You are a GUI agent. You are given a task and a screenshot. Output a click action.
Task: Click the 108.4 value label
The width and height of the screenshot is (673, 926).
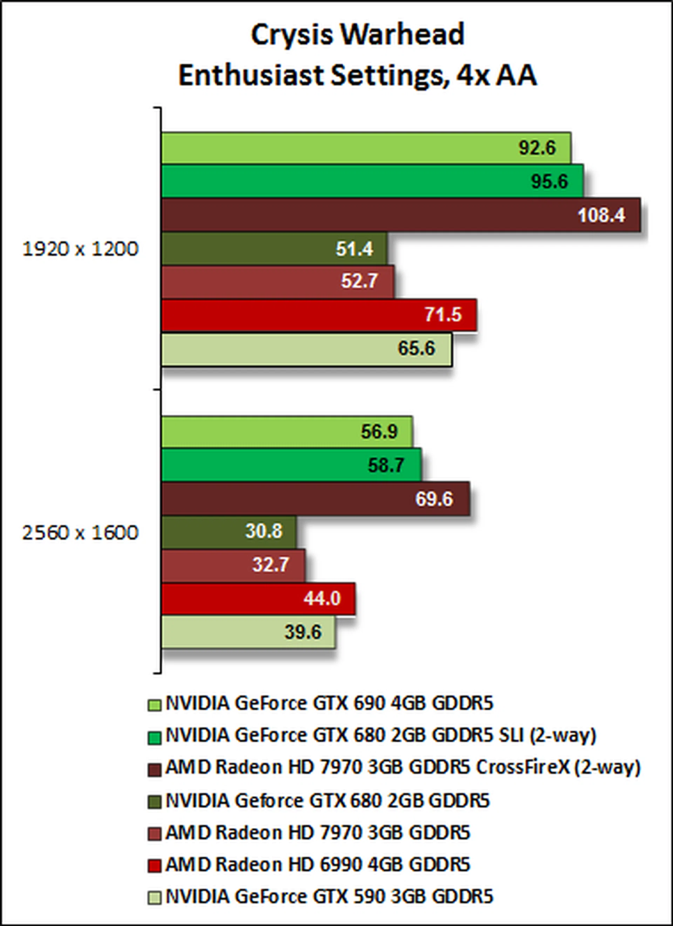point(601,215)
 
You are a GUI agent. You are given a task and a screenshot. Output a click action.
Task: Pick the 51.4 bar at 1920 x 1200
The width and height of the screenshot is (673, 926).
point(274,249)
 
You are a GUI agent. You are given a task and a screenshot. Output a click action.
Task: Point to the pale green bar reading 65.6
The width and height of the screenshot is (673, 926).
point(306,349)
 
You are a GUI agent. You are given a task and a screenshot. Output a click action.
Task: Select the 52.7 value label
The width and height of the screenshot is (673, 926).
point(359,281)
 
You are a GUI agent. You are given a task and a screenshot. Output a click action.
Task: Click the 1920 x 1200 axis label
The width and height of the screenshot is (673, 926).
point(81,249)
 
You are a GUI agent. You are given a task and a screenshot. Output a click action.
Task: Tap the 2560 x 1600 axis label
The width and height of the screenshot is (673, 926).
point(81,533)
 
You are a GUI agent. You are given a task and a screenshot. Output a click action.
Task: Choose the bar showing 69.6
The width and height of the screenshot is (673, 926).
point(315,499)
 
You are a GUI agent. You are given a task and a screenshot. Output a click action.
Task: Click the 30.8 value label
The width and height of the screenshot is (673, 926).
point(263,531)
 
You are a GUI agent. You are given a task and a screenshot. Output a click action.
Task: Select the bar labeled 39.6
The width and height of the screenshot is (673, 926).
point(248,632)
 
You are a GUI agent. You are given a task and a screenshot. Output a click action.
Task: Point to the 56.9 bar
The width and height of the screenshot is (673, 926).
point(287,432)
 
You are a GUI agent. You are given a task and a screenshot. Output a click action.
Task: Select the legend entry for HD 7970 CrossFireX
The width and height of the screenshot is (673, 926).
point(403,768)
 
